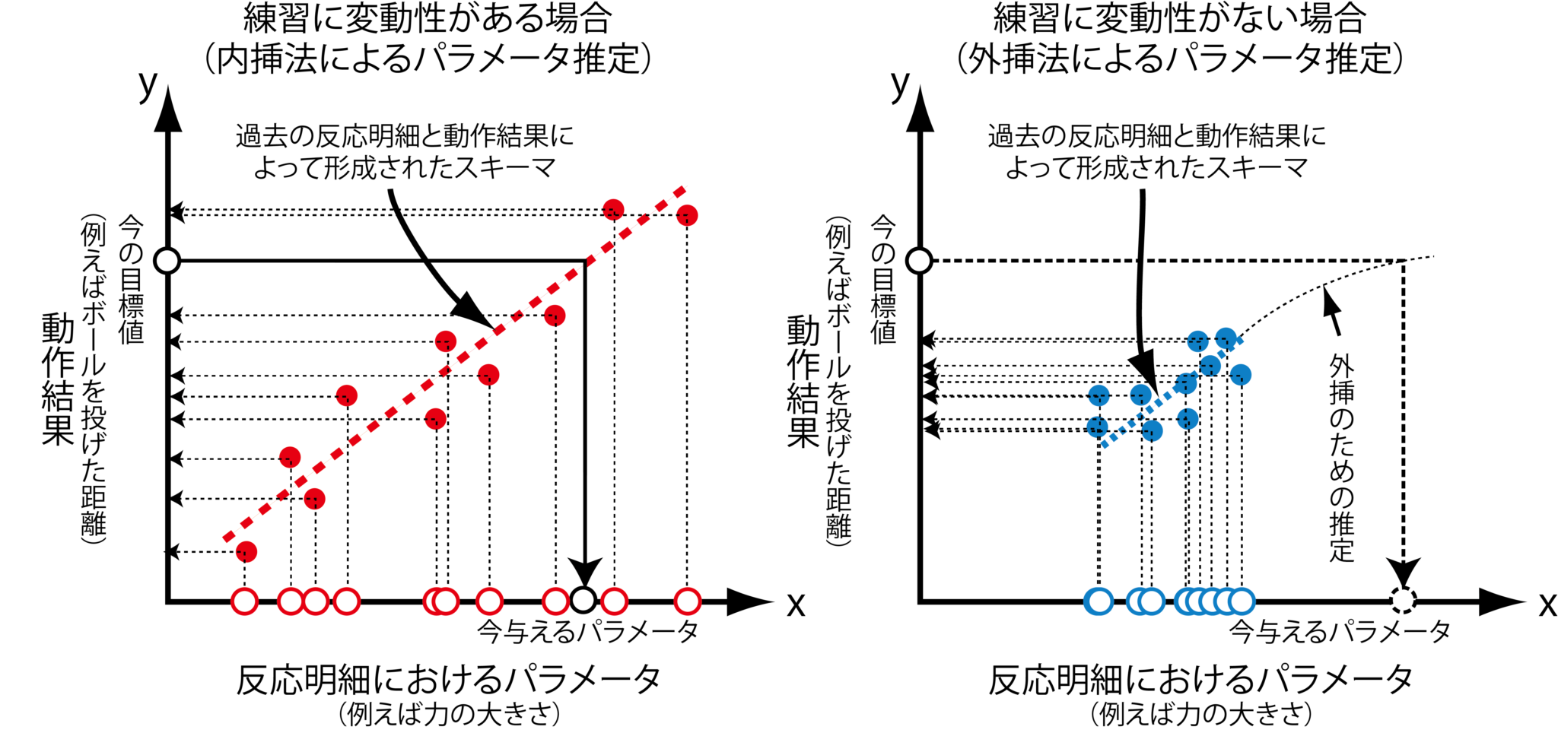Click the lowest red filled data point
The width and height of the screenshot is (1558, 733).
tap(246, 551)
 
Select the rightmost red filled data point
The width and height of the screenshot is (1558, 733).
tap(687, 215)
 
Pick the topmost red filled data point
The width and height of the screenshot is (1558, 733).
tap(613, 209)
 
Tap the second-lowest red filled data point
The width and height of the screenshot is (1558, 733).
tap(314, 499)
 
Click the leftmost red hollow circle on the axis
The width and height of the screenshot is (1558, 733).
tap(245, 602)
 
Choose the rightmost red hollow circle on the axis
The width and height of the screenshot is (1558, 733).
tap(687, 602)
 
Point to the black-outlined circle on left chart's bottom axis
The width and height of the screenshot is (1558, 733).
tap(583, 600)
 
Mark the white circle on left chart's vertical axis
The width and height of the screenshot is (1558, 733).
tap(167, 261)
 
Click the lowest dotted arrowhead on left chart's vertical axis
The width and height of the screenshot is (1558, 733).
tap(174, 551)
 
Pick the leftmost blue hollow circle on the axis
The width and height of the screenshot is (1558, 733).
tap(1099, 602)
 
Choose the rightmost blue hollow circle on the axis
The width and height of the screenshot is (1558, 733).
tap(1242, 602)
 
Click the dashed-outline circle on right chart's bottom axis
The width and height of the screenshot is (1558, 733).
tap(1403, 600)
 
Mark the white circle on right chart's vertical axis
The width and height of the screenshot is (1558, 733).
tap(920, 261)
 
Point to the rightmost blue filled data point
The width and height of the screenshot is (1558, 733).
tap(1241, 374)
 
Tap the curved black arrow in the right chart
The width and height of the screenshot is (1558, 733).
tap(1141, 350)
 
